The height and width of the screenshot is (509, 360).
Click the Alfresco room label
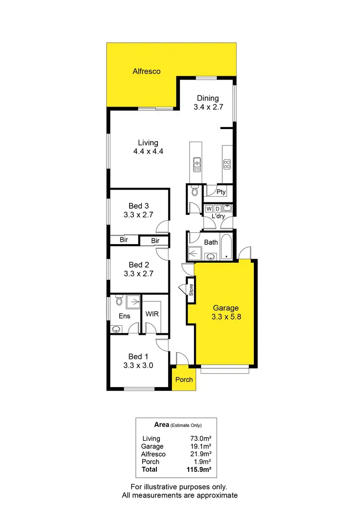(146, 71)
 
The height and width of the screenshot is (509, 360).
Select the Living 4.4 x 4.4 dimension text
(148, 152)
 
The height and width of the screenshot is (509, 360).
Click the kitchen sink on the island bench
(197, 165)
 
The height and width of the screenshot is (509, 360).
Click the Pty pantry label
(221, 192)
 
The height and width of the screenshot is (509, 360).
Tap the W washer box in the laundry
(209, 209)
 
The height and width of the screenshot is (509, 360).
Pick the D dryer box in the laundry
(217, 209)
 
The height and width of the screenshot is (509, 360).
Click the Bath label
(211, 242)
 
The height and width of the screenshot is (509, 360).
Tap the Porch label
(184, 379)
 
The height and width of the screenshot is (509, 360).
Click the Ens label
(124, 316)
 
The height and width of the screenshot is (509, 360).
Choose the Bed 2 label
(135, 264)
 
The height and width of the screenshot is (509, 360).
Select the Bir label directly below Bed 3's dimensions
(123, 240)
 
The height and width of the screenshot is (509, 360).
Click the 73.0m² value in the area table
(200, 438)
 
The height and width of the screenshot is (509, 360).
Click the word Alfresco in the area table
(153, 454)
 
